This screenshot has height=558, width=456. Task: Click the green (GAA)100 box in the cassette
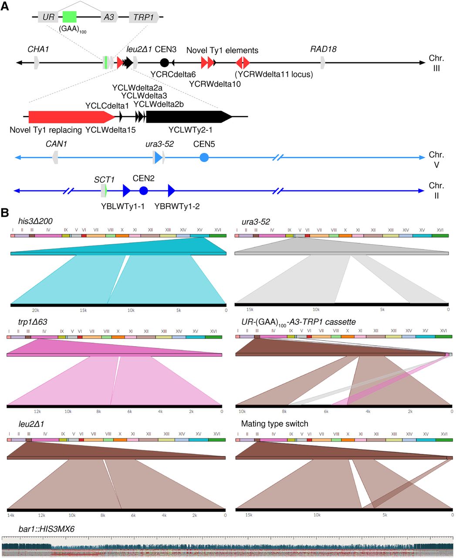pyautogui.click(x=70, y=17)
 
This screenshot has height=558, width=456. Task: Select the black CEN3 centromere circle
pyautogui.click(x=164, y=63)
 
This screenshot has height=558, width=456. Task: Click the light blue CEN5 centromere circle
pyautogui.click(x=204, y=157)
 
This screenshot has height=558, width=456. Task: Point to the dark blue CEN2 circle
pyautogui.click(x=143, y=191)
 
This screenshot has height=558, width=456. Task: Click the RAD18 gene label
pyautogui.click(x=323, y=49)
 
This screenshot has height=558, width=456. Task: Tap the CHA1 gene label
pyautogui.click(x=38, y=49)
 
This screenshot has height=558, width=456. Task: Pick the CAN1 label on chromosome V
pyautogui.click(x=56, y=144)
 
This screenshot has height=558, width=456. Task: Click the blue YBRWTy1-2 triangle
pyautogui.click(x=171, y=191)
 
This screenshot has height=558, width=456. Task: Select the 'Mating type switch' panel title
pyautogui.click(x=274, y=424)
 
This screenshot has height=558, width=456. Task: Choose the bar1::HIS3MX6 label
pyautogui.click(x=47, y=529)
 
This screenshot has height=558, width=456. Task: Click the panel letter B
pyautogui.click(x=5, y=213)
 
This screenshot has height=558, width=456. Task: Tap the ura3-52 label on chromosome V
pyautogui.click(x=159, y=144)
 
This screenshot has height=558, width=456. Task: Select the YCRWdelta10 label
pyautogui.click(x=215, y=84)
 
